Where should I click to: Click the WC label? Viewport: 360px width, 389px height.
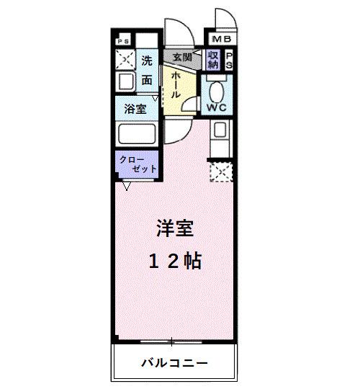coord(217,108)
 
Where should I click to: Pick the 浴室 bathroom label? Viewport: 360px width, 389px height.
coord(135,110)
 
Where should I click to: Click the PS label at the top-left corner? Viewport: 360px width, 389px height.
coord(124,40)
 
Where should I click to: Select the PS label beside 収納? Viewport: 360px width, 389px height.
coord(230,61)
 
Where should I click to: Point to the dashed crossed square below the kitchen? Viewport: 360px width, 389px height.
coord(220,171)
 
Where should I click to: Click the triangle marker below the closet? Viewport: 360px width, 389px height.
coord(127,187)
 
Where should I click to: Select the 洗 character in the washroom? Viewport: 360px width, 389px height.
coord(146,61)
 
